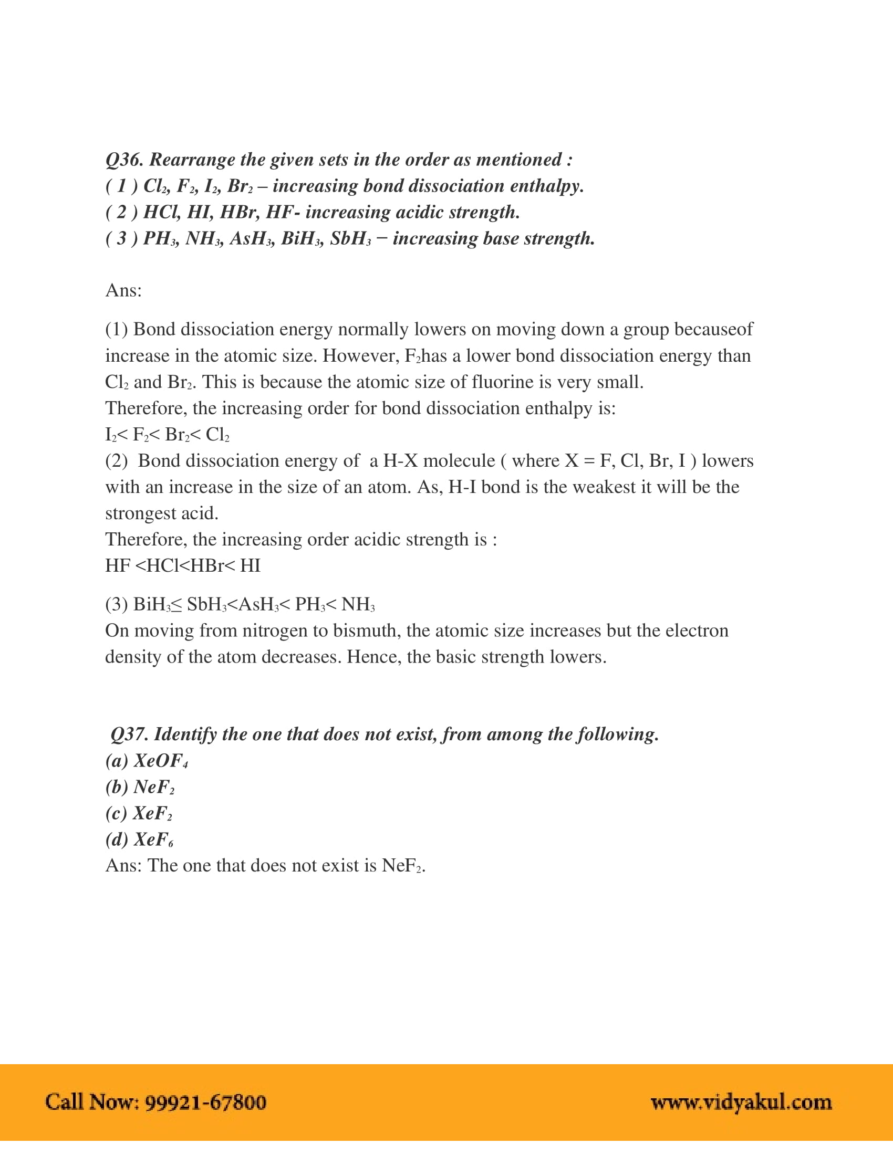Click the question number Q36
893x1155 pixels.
coord(124,160)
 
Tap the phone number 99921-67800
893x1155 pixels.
coord(205,1102)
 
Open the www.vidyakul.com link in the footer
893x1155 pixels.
coord(741,1102)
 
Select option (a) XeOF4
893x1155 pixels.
coord(147,761)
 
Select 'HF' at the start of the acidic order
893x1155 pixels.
coord(118,566)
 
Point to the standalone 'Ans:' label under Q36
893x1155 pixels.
coord(123,290)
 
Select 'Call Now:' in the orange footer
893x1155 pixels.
coord(91,1102)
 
